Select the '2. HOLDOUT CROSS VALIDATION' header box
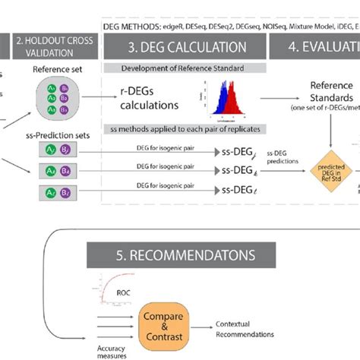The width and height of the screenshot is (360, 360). pyautogui.click(x=51, y=47)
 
